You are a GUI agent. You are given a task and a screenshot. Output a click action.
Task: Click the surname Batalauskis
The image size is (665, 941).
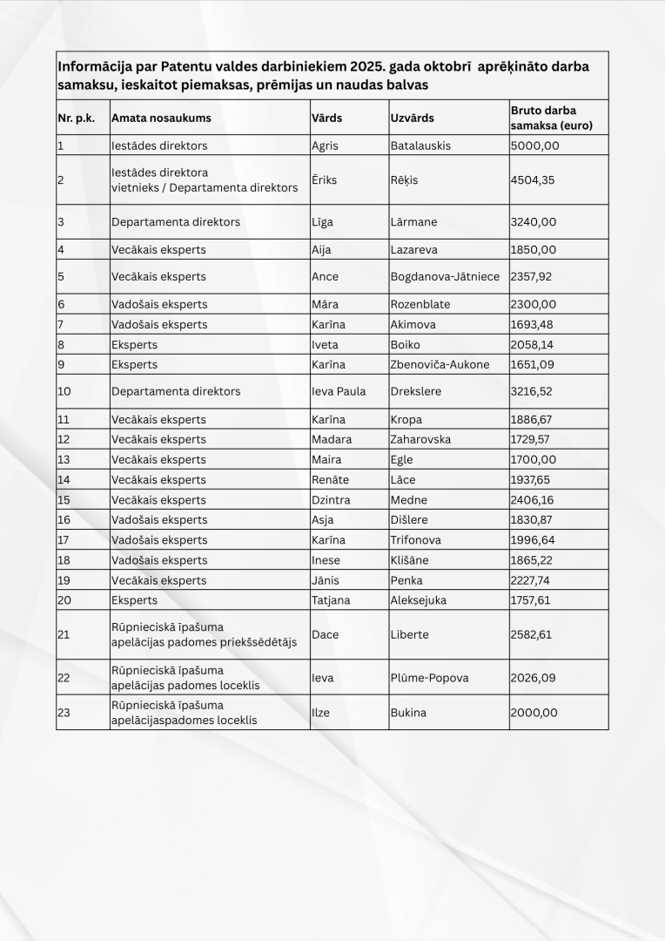click(421, 146)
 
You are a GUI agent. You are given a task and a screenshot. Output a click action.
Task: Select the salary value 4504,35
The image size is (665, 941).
click(534, 180)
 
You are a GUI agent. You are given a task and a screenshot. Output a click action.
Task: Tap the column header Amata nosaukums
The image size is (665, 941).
click(161, 118)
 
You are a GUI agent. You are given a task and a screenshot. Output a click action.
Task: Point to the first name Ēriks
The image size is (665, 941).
click(324, 180)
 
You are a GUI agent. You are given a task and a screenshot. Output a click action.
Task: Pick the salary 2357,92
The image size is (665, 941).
click(534, 276)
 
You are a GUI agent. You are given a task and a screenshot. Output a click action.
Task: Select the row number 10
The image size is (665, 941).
click(64, 391)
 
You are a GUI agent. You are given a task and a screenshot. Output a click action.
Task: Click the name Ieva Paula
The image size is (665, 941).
click(339, 391)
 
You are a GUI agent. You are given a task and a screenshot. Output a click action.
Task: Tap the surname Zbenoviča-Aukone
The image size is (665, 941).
click(440, 364)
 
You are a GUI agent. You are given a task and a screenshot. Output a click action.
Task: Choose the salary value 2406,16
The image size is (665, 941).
click(534, 500)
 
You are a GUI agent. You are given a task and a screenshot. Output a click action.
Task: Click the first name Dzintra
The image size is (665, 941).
click(331, 500)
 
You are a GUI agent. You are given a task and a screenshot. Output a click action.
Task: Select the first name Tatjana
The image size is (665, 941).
click(332, 600)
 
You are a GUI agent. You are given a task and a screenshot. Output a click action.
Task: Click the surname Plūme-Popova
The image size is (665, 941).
click(428, 677)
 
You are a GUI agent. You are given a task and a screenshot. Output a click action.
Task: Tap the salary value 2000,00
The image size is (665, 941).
click(534, 713)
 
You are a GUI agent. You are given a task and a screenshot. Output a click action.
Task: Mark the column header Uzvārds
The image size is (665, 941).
click(413, 118)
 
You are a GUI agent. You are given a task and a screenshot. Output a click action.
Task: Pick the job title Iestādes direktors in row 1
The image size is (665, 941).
click(159, 146)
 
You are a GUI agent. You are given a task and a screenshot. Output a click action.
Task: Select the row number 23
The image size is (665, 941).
click(64, 713)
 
